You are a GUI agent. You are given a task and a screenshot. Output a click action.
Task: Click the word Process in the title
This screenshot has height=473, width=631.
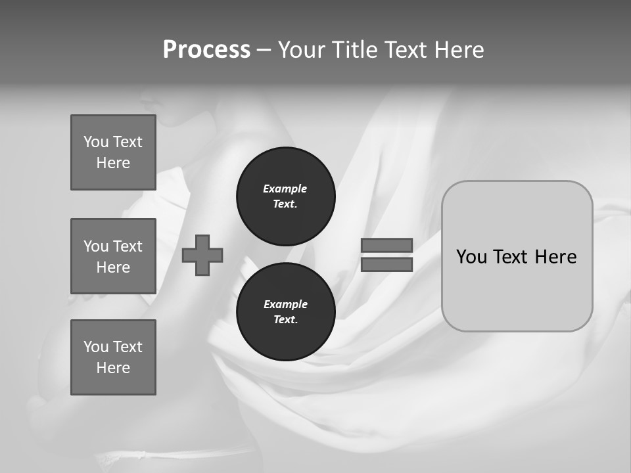click(206, 50)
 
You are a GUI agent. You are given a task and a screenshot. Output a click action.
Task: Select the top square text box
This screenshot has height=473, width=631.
click(113, 152)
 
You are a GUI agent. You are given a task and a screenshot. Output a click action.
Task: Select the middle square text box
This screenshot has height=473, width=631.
click(113, 256)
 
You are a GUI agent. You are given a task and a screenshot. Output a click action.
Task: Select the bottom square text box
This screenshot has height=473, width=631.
click(113, 357)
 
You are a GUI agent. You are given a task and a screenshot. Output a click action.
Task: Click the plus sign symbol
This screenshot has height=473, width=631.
click(202, 255)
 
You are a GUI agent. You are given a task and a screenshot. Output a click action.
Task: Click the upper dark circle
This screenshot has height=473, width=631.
click(286, 196)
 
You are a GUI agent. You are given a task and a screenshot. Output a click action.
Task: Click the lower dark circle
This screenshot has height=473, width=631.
click(286, 312)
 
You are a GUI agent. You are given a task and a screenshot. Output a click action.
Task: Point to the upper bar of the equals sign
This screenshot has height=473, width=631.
click(386, 245)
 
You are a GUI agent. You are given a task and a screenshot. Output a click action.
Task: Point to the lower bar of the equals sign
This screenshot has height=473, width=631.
click(386, 264)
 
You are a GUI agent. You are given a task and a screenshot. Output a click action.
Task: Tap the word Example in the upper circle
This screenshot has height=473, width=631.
click(285, 189)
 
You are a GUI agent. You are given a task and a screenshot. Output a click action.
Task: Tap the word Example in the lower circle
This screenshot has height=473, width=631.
click(285, 304)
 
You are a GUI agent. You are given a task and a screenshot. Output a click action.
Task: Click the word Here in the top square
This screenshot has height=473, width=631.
click(113, 163)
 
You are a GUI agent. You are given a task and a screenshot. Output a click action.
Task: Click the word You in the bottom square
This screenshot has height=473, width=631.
click(95, 347)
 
